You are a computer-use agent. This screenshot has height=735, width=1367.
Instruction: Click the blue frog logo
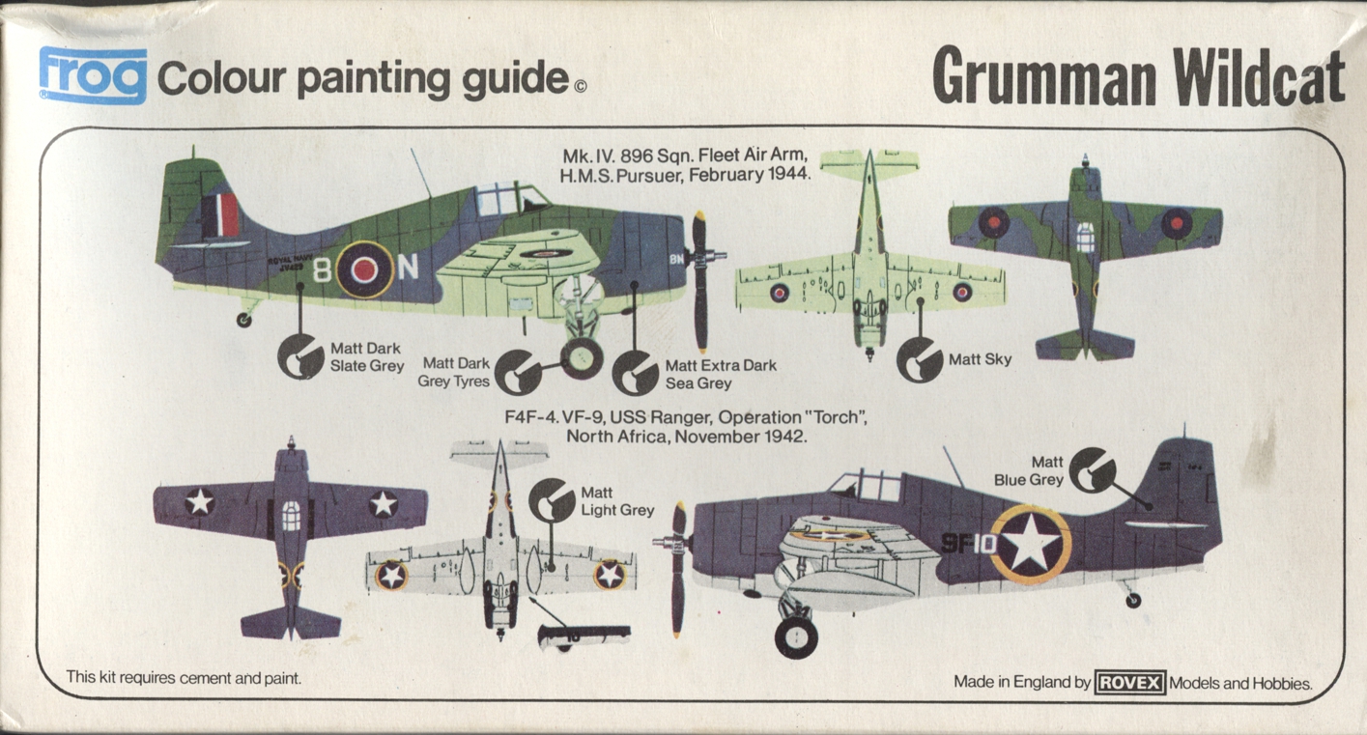click(93, 75)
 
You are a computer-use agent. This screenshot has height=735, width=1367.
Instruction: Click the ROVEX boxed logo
click(1130, 682)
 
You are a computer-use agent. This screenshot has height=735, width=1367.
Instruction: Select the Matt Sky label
click(980, 359)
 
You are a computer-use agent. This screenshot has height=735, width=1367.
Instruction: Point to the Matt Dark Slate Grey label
click(366, 357)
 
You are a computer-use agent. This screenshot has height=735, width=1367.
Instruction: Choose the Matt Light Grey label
click(616, 502)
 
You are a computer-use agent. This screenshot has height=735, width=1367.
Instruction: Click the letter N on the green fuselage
click(409, 268)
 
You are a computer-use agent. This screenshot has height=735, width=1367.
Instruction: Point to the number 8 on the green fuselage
click(322, 269)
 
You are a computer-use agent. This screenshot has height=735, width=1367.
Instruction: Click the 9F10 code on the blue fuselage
click(968, 543)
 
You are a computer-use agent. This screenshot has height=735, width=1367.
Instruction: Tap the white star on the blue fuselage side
click(1031, 544)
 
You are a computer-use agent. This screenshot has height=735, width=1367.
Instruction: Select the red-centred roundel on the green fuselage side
click(363, 269)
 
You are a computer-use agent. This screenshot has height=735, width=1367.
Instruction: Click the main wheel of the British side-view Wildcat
click(581, 358)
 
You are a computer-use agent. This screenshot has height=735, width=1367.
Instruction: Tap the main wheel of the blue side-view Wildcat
click(796, 636)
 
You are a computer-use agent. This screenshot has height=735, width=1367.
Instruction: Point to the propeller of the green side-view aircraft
click(700, 280)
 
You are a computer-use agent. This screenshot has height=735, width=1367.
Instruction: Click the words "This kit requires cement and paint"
click(184, 678)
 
